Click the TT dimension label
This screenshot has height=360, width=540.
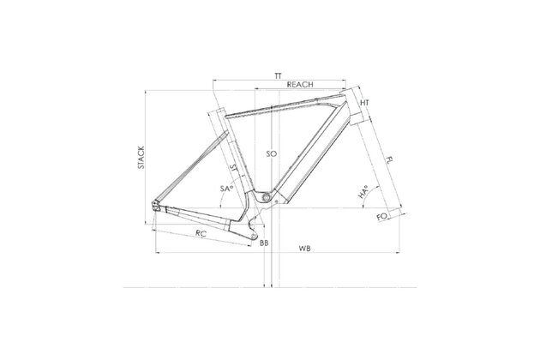pyautogui.click(x=278, y=75)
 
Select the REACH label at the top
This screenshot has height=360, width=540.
pyautogui.click(x=300, y=84)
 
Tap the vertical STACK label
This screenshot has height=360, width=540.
pyautogui.click(x=141, y=158)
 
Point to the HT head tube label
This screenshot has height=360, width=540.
pyautogui.click(x=364, y=103)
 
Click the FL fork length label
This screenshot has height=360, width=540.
pyautogui.click(x=389, y=159)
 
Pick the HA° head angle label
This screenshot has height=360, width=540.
pyautogui.click(x=363, y=192)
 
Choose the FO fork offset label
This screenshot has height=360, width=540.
pyautogui.click(x=382, y=217)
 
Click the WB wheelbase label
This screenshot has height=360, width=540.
pyautogui.click(x=304, y=248)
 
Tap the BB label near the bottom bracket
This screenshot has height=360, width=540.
pyautogui.click(x=264, y=243)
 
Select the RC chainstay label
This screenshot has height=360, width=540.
pyautogui.click(x=201, y=233)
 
